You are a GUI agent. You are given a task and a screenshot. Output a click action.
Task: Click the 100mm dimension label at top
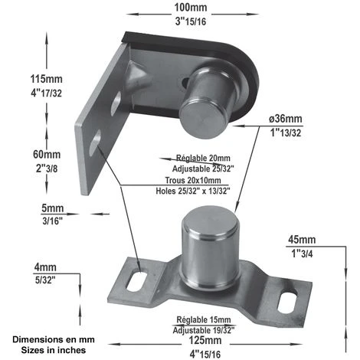(190, 7)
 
